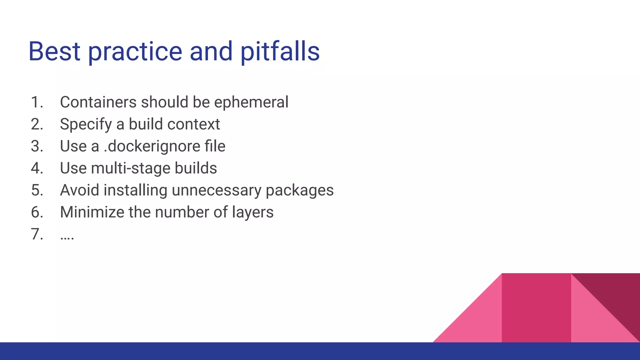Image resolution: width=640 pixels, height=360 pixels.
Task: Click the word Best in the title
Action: (54, 51)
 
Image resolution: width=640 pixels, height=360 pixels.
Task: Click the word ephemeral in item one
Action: (251, 102)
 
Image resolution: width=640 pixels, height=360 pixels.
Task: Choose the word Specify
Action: (86, 125)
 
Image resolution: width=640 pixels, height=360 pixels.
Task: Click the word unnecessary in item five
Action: (216, 190)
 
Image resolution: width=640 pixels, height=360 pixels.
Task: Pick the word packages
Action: (299, 190)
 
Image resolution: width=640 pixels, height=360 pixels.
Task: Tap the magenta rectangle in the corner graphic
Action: (536, 307)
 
